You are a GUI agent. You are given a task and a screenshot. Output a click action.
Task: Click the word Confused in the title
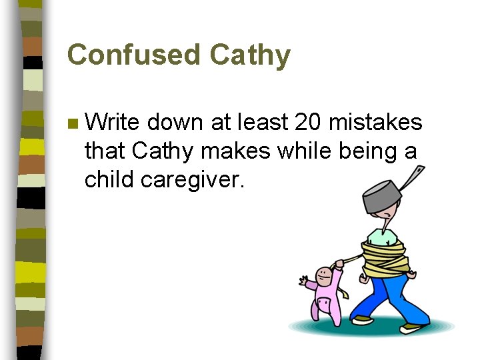pos(134,55)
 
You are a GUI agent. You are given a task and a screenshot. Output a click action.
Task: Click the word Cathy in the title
pos(250,55)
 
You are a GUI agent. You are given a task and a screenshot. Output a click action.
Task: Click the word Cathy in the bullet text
pos(165,151)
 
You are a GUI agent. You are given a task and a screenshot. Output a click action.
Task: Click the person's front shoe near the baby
pos(362,319)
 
